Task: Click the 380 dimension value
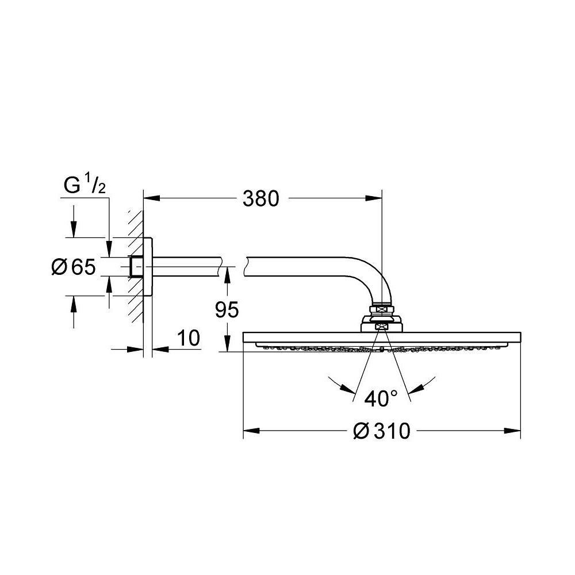[260, 199]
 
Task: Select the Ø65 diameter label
[73, 267]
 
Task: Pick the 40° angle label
[381, 398]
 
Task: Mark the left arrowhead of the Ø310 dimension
[251, 431]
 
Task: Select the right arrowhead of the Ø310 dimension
[513, 431]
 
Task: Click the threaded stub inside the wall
[136, 266]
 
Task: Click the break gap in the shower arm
[232, 266]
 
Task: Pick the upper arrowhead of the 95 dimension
[227, 274]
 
